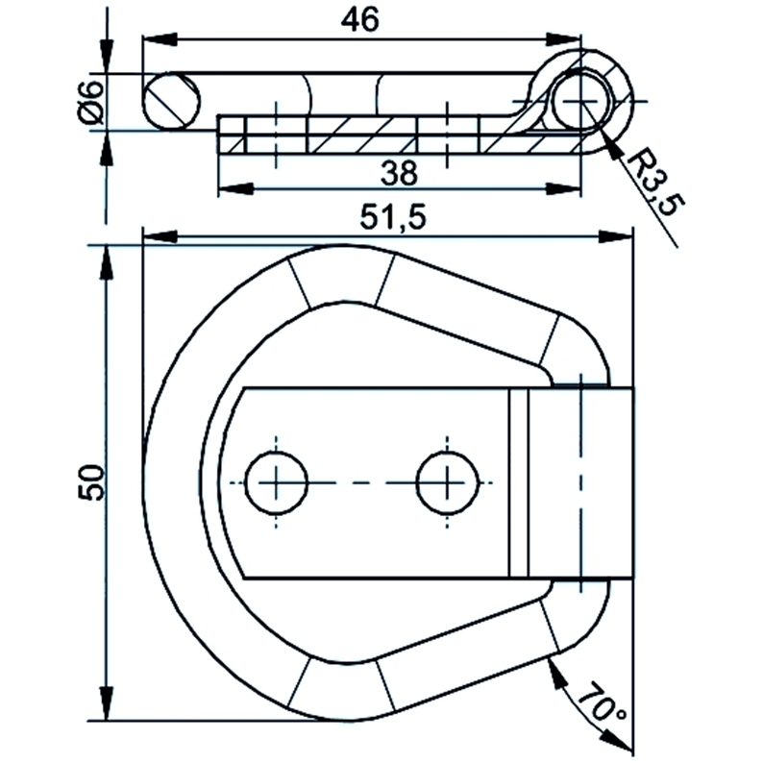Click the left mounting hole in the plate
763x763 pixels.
277,480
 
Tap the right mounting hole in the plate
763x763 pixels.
448,480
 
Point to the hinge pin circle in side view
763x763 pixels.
578,100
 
